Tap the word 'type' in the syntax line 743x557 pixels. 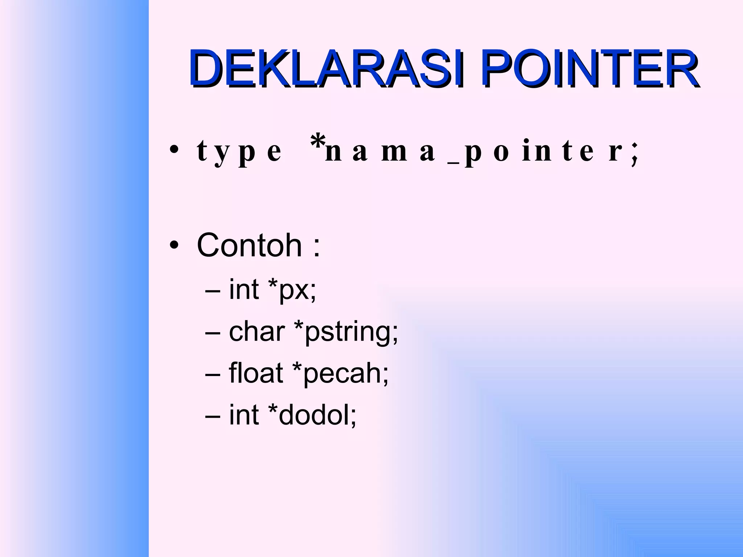pos(239,152)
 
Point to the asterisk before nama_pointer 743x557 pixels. pos(318,142)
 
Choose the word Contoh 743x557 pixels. pos(249,246)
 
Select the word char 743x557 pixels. pos(257,331)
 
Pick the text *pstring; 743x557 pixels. pos(346,332)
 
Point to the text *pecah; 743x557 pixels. pos(340,374)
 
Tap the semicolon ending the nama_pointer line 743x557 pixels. pos(634,154)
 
